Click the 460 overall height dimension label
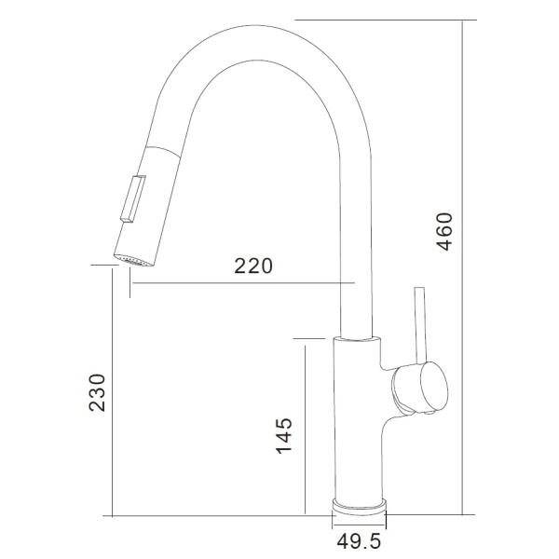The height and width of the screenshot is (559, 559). (444, 232)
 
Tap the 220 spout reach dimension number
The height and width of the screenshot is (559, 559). (253, 266)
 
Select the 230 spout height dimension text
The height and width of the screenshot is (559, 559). (97, 392)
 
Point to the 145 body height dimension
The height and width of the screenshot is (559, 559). (284, 435)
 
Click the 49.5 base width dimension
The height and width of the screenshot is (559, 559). (359, 541)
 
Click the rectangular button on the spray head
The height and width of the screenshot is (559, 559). (132, 199)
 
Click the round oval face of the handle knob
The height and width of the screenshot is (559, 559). (434, 386)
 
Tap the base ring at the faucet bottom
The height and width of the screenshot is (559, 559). (359, 507)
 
